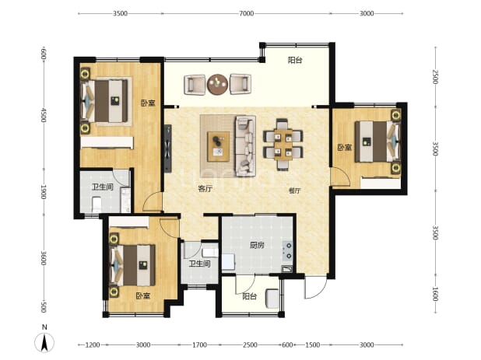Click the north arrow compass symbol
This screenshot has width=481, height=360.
click(44, 341)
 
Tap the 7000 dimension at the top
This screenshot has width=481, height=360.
click(246, 13)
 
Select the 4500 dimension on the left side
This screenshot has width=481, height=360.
click(44, 115)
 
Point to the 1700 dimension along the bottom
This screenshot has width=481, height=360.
click(199, 345)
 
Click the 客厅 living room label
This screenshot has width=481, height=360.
click(205, 189)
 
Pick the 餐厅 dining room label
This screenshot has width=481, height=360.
click(294, 190)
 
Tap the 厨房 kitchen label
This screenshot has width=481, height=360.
click(257, 245)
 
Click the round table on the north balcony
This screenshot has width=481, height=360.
click(217, 84)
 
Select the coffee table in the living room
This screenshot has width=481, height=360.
click(219, 146)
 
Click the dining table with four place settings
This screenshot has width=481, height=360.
click(283, 145)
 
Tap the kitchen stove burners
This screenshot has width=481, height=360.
click(288, 250)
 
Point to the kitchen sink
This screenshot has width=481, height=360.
click(287, 269)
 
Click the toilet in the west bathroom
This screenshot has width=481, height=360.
click(97, 204)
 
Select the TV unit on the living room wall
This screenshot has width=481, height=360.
click(167, 149)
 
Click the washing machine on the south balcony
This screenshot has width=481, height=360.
click(272, 299)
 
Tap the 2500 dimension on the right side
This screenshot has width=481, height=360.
click(435, 77)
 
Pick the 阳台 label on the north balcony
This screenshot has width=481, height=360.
click(295, 60)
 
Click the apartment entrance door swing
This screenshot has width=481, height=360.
click(315, 288)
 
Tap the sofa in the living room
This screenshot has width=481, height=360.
click(245, 146)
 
